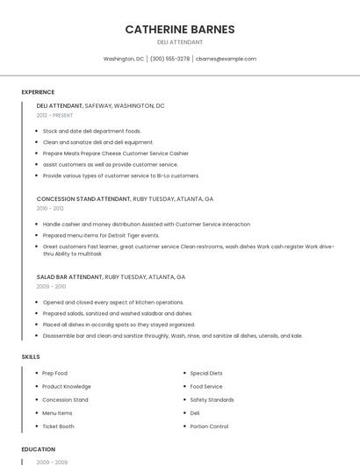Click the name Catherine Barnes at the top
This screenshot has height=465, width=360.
[179, 29]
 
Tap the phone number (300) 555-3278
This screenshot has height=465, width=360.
[169, 59]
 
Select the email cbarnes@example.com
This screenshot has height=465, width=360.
[226, 59]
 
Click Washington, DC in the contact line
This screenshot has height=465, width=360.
[123, 59]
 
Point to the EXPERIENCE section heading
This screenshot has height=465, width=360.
[38, 92]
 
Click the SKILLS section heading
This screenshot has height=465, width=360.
[30, 357]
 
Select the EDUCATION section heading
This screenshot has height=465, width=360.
[38, 449]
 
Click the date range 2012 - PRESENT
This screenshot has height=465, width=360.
[55, 115]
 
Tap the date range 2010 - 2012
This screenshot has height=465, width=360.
[50, 208]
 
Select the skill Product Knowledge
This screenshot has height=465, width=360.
[66, 386]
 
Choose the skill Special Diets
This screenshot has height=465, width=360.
[206, 373]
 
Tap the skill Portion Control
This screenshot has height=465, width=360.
[209, 426]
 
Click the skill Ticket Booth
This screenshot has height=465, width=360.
[58, 426]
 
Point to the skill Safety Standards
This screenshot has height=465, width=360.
[212, 399]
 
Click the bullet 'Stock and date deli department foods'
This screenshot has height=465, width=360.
[91, 131]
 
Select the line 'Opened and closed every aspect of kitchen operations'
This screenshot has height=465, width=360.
[112, 302]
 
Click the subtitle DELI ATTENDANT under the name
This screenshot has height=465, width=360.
[179, 42]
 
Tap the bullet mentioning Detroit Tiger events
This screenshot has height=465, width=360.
[101, 235]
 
